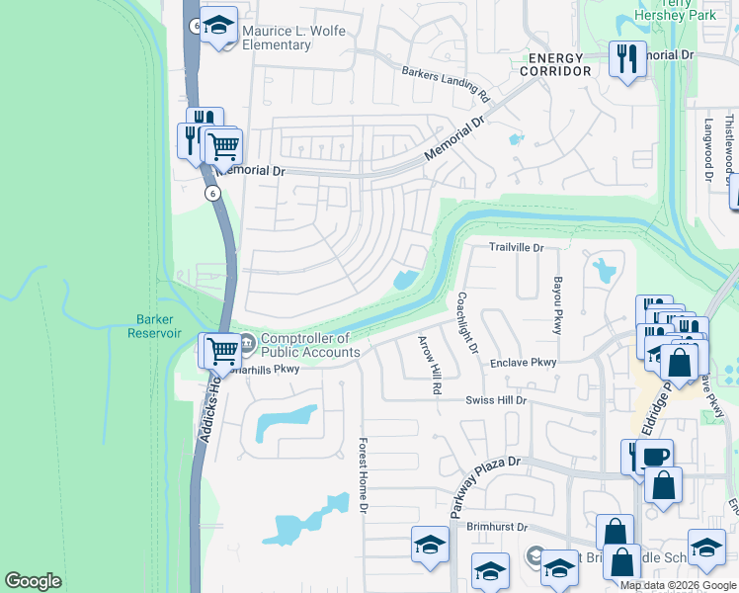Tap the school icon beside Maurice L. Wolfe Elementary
218,28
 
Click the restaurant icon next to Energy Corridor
626,60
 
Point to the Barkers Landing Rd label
447,85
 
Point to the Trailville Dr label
518,247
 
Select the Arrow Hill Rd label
429,365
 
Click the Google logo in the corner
33,581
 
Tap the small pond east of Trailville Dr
602,267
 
